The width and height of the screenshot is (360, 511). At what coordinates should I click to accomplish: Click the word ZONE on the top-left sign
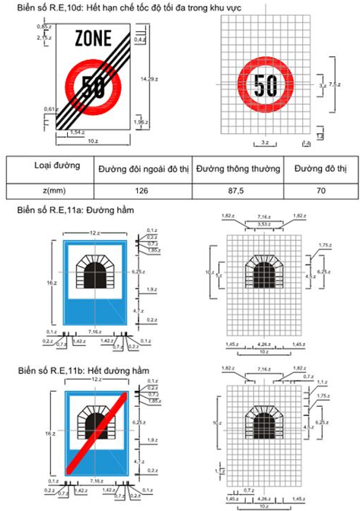92,38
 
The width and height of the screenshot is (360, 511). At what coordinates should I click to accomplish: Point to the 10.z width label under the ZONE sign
92,141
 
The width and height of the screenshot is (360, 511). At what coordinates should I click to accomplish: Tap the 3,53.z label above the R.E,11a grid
263,224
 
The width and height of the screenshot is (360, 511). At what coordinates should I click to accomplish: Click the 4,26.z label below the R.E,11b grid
263,499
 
